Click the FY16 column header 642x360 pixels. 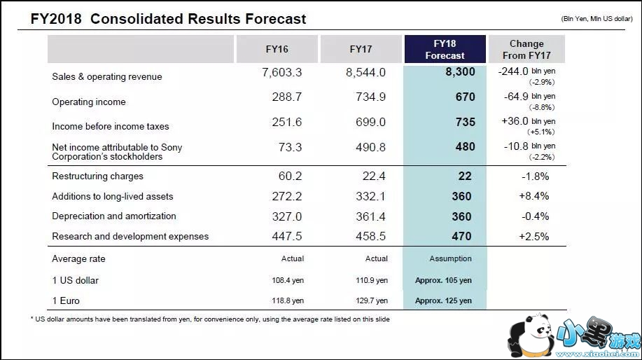pos(277,49)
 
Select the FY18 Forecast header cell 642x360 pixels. pos(445,49)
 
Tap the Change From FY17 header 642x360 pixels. pos(526,49)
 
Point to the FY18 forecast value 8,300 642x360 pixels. pos(459,72)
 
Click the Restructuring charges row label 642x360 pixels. pos(97,176)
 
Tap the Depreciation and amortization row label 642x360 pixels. pos(114,216)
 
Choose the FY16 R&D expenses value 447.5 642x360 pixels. pos(287,237)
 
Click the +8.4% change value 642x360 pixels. pos(534,197)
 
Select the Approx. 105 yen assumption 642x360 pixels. pos(443,281)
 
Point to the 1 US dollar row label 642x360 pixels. pos(76,281)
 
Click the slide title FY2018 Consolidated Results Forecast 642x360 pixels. pos(168,19)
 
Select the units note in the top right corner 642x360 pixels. pos(597,19)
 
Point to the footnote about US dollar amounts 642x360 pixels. pos(210,319)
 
